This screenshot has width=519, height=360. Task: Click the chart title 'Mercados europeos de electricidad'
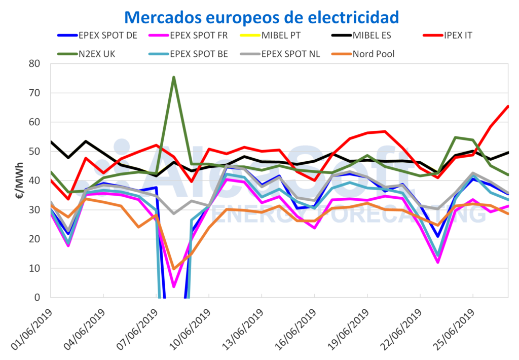(x=262, y=17)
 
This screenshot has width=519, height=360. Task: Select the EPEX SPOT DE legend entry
(x=97, y=35)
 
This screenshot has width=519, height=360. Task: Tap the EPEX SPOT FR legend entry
(x=189, y=35)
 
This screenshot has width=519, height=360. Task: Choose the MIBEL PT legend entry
(x=270, y=35)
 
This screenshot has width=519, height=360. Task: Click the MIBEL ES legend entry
(x=361, y=35)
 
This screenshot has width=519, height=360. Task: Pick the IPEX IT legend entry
(x=448, y=35)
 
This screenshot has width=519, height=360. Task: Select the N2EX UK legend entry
(x=86, y=54)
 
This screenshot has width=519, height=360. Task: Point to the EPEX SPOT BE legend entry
(x=189, y=54)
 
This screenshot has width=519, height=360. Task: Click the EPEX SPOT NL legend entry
(x=280, y=54)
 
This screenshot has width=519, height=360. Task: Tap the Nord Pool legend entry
(x=363, y=54)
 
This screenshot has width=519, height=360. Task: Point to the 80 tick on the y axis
(x=34, y=63)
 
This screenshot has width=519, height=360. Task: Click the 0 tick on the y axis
(x=37, y=298)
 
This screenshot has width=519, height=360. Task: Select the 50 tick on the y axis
(x=34, y=152)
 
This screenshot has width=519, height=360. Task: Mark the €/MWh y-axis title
(x=20, y=181)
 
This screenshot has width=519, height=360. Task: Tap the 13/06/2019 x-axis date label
(x=242, y=330)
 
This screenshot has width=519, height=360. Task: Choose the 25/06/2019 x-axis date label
(x=454, y=330)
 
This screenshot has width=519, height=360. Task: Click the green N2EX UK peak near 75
(x=174, y=77)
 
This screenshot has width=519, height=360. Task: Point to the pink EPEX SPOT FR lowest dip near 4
(x=174, y=286)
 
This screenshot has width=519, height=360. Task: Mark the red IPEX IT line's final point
(x=508, y=106)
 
